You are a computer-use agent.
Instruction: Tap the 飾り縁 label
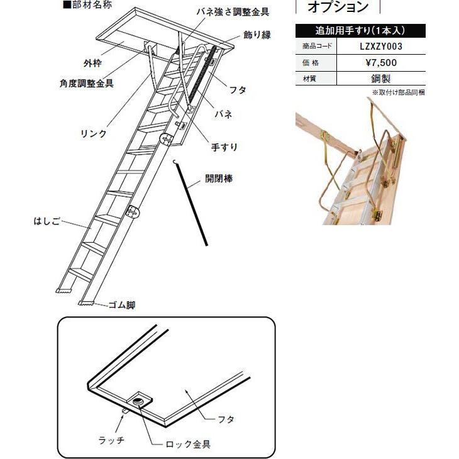[x=257, y=35]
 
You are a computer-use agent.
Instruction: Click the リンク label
[x=94, y=134]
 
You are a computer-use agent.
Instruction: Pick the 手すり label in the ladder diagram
[x=224, y=147]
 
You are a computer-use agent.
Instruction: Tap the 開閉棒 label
[x=219, y=179]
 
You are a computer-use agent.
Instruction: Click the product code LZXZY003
[x=380, y=46]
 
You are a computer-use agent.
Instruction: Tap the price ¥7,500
[x=380, y=62]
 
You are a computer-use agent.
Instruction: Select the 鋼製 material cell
[x=380, y=79]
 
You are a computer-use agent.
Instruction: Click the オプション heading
[x=338, y=8]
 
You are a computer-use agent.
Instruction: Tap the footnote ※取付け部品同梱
[x=398, y=92]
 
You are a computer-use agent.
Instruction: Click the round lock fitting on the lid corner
[x=140, y=399]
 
